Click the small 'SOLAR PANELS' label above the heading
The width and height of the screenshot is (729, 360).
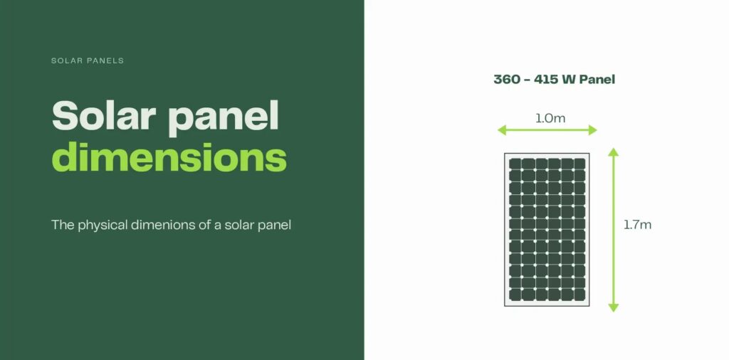88,60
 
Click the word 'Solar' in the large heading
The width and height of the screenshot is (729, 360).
103,116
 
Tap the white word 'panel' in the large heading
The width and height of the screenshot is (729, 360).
224,116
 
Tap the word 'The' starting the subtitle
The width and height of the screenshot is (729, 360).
61,225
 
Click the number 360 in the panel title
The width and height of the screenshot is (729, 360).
506,79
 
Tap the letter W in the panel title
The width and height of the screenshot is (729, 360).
568,79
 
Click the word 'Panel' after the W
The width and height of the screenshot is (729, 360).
597,79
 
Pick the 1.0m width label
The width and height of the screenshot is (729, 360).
550,118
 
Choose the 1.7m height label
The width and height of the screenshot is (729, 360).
637,225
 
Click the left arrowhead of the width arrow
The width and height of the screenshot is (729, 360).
501,129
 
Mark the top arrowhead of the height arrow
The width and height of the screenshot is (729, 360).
614,152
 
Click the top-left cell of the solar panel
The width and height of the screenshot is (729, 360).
514,163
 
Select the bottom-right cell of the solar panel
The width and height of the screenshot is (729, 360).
579,295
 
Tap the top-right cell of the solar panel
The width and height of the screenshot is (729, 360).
579,163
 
